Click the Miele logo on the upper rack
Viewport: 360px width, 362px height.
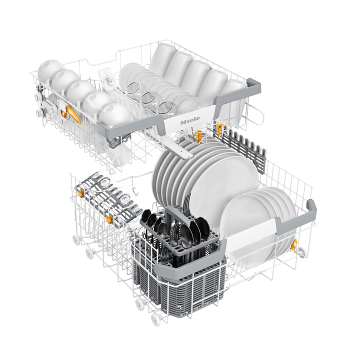click(x=190, y=120)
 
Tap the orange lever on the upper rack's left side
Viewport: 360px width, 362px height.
click(x=71, y=114)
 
